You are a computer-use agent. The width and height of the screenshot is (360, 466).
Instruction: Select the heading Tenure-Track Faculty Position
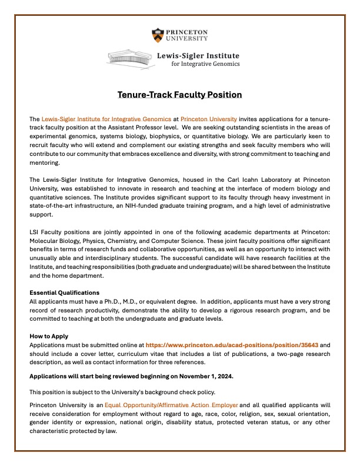point(179,94)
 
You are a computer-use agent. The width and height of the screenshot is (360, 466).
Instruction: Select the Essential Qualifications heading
point(65,292)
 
